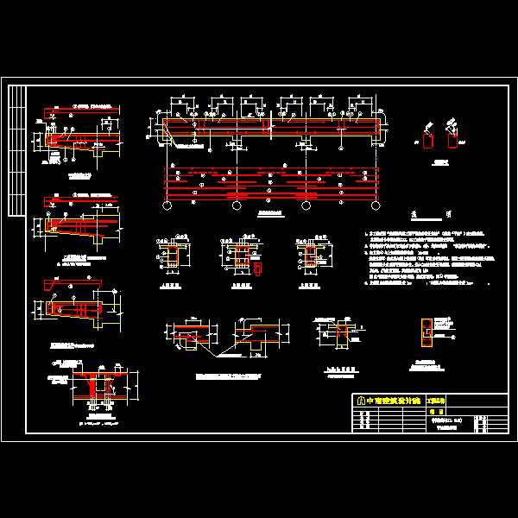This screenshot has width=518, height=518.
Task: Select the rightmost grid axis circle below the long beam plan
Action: (375, 205)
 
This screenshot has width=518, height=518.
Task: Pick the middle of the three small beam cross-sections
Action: (242, 256)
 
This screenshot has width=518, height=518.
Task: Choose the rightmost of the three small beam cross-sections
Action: (312, 256)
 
